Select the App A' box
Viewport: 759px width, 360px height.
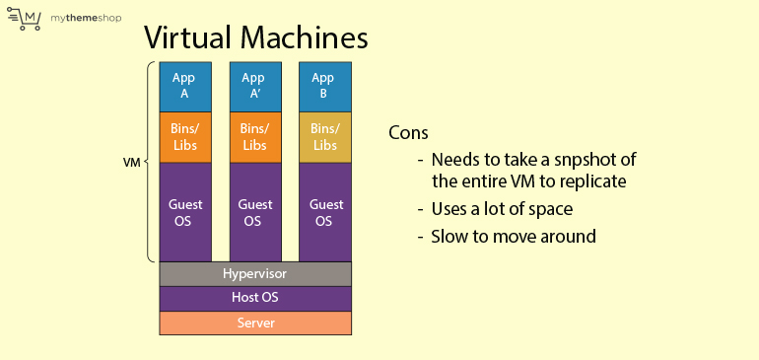coord(254,86)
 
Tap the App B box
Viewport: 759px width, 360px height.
coord(324,86)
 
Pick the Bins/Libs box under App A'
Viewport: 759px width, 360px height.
coord(254,137)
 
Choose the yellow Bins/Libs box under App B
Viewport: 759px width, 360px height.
coord(324,137)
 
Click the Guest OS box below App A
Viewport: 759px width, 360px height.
coord(184,212)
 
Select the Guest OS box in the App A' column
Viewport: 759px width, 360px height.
coord(254,212)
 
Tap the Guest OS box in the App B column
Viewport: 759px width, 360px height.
coord(324,212)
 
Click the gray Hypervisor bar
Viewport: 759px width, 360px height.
coord(254,273)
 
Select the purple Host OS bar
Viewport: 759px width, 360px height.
coord(254,298)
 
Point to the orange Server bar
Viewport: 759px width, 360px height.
coord(254,324)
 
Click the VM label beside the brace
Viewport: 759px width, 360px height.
coord(131,162)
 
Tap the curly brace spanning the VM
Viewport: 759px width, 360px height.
coord(150,162)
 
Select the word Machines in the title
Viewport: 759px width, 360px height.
coord(306,38)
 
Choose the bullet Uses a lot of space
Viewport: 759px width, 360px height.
coord(500,209)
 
